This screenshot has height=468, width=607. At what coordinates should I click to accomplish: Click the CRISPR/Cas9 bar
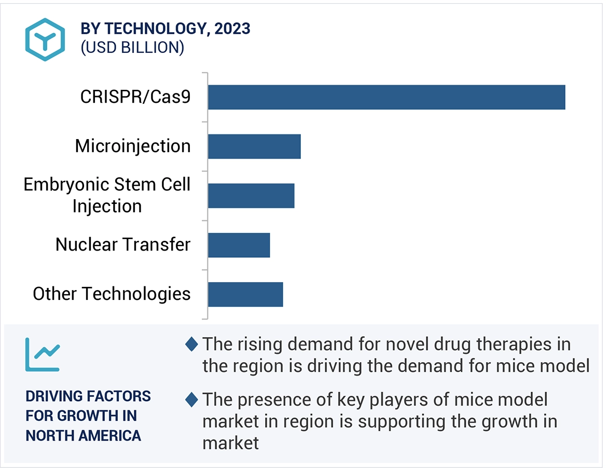click(x=387, y=97)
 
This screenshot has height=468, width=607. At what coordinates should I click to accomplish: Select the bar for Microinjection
click(x=254, y=146)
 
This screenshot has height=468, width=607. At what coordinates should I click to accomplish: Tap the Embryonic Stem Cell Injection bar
click(x=251, y=196)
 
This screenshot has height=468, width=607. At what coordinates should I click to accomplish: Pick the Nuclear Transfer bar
click(x=239, y=245)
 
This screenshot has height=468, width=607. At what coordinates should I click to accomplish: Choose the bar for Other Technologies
click(x=245, y=294)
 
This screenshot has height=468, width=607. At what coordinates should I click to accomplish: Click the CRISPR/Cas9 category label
click(x=135, y=97)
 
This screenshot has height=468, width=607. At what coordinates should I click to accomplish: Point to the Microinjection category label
click(x=133, y=146)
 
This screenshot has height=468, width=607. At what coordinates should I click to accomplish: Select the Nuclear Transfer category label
click(x=123, y=244)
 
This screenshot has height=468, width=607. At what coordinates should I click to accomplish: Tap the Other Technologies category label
click(x=112, y=294)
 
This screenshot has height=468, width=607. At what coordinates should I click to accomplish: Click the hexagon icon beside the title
click(x=45, y=39)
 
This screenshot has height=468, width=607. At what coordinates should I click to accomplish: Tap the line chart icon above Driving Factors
click(x=42, y=354)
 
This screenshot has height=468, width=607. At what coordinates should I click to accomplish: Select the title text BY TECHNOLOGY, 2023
click(x=165, y=29)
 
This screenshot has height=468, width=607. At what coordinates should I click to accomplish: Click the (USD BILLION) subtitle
click(x=132, y=48)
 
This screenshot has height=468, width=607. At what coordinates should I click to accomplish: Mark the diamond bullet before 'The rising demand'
click(x=191, y=343)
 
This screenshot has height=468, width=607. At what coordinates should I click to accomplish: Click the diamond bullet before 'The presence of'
click(x=191, y=400)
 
